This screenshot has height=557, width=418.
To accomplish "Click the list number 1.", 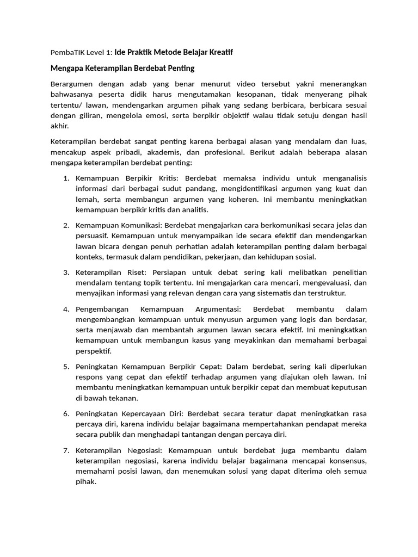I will click(x=66, y=178).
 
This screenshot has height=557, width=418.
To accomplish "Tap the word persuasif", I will click(x=92, y=236).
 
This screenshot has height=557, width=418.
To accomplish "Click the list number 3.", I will click(x=66, y=272).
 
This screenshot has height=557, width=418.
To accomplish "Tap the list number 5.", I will click(x=66, y=367).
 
